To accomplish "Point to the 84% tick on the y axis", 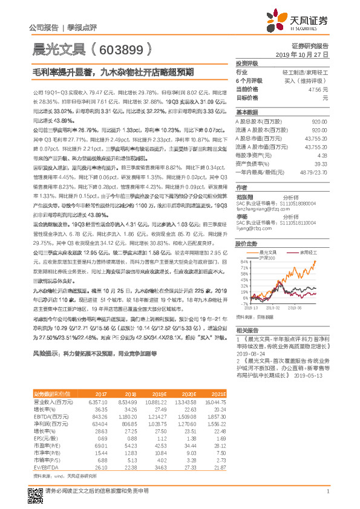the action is tap(244, 262).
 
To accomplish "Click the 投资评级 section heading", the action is tap(247, 63).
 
